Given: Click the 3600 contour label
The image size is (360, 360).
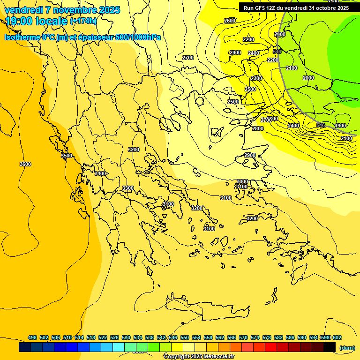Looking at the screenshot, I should pos(25,164).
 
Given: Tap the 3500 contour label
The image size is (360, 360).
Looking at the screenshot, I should pos(67,156).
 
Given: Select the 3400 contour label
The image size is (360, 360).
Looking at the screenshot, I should pos(100,173).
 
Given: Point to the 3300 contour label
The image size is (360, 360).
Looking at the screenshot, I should pos(127,188).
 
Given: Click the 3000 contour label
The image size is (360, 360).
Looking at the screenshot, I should pos(242,181).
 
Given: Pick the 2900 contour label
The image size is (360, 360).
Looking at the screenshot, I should pos(250,155).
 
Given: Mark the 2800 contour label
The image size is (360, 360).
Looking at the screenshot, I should pos(257,128).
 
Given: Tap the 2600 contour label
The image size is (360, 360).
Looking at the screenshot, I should pos(230,21).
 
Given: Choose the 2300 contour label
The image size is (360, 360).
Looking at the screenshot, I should pos(256,78).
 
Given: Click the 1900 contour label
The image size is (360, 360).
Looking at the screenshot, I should pos(340,126).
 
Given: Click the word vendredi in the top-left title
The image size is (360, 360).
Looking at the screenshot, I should pos(23,10).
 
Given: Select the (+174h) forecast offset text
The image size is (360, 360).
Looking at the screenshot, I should pos(83,21).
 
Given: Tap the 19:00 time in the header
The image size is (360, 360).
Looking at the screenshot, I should pos(19,21).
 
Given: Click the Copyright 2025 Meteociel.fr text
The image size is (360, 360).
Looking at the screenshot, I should pos(199,357).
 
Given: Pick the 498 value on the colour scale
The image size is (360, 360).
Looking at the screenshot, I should pos(32,337).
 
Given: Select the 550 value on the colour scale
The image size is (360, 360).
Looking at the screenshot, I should pos(185,337).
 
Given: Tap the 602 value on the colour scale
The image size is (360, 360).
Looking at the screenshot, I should pos(337,337).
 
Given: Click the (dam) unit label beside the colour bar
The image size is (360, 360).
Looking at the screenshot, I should pos(347,347).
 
